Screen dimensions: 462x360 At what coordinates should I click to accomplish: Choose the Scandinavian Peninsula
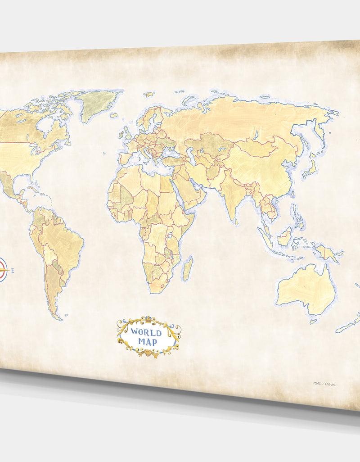pyautogui.click(x=151, y=115)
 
